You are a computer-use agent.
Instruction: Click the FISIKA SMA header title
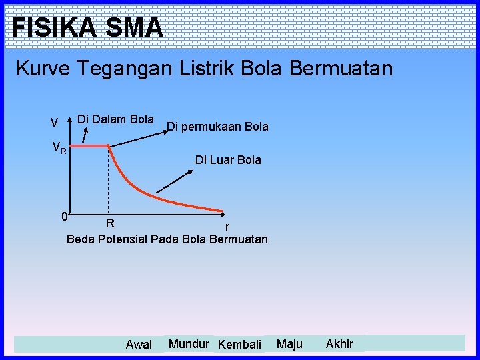[87, 27]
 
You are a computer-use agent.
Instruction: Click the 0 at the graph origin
[63, 216]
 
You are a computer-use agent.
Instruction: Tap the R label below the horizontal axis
[111, 222]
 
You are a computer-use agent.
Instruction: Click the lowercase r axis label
[227, 228]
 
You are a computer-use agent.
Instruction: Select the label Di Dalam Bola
[115, 119]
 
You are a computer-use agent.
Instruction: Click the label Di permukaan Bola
[217, 126]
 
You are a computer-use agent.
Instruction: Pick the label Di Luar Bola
[228, 160]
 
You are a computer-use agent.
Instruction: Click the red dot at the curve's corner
[109, 145]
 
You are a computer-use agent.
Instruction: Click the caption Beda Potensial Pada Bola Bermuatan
[167, 239]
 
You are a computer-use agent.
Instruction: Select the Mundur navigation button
[189, 344]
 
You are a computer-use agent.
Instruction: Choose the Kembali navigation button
[240, 345]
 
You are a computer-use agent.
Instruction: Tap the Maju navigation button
[289, 344]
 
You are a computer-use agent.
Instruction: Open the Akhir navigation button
[339, 344]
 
